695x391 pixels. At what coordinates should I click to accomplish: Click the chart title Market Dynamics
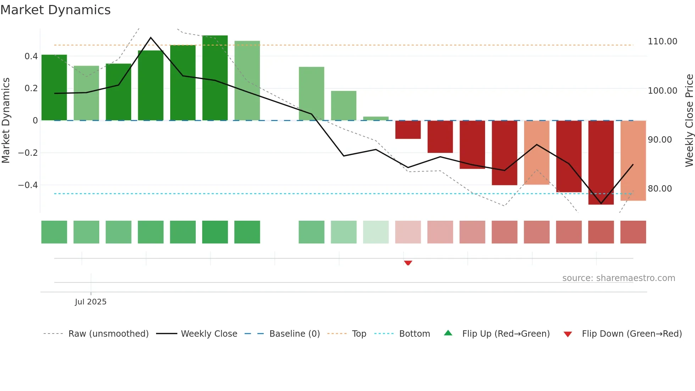(x=56, y=10)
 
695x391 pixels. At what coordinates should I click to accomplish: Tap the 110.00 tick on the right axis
(x=662, y=42)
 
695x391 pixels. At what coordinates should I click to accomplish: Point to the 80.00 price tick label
(x=660, y=189)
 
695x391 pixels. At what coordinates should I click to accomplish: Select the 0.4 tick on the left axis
(x=31, y=56)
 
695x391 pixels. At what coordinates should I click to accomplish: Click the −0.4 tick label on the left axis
(x=28, y=185)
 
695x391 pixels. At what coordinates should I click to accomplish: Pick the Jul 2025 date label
(x=90, y=302)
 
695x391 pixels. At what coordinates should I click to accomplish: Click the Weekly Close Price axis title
(x=689, y=121)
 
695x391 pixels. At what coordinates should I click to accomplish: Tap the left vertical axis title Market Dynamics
(x=6, y=121)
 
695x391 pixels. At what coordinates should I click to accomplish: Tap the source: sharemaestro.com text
(x=618, y=278)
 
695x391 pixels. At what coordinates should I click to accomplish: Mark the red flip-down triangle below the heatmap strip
(x=408, y=263)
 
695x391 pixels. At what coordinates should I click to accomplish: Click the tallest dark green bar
(x=215, y=78)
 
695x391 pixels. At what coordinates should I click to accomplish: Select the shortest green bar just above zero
(x=376, y=119)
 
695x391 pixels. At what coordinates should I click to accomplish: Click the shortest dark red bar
(x=408, y=130)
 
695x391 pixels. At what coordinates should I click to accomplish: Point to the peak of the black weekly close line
(x=151, y=37)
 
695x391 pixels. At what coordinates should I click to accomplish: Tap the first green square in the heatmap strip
(x=54, y=232)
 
